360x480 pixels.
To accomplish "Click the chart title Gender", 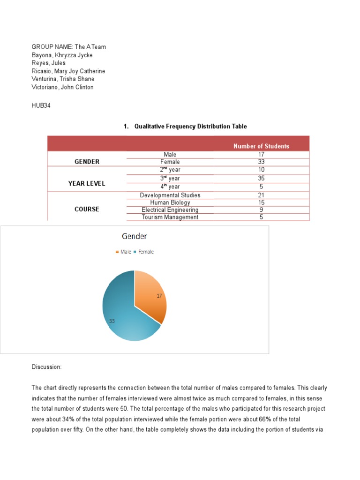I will [135, 236].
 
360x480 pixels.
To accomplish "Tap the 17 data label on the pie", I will [159, 296].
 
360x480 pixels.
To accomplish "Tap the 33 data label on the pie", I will [112, 321].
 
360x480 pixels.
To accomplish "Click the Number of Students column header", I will [261, 146].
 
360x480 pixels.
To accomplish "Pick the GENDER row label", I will [87, 162].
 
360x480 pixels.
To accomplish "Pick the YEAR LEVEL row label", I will [87, 183].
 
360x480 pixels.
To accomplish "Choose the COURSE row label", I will [87, 209].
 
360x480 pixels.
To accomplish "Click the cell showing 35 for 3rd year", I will [261, 178].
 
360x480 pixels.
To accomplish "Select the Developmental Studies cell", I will [170, 195].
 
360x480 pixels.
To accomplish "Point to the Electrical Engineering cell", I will [170, 210].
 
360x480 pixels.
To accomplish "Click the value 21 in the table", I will [261, 195].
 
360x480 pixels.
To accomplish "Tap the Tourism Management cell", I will [170, 217].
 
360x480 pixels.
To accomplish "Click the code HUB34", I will [41, 106].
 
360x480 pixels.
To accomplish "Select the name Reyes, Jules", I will [48, 63].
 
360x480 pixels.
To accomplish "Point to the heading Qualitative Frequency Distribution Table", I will [190, 127].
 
